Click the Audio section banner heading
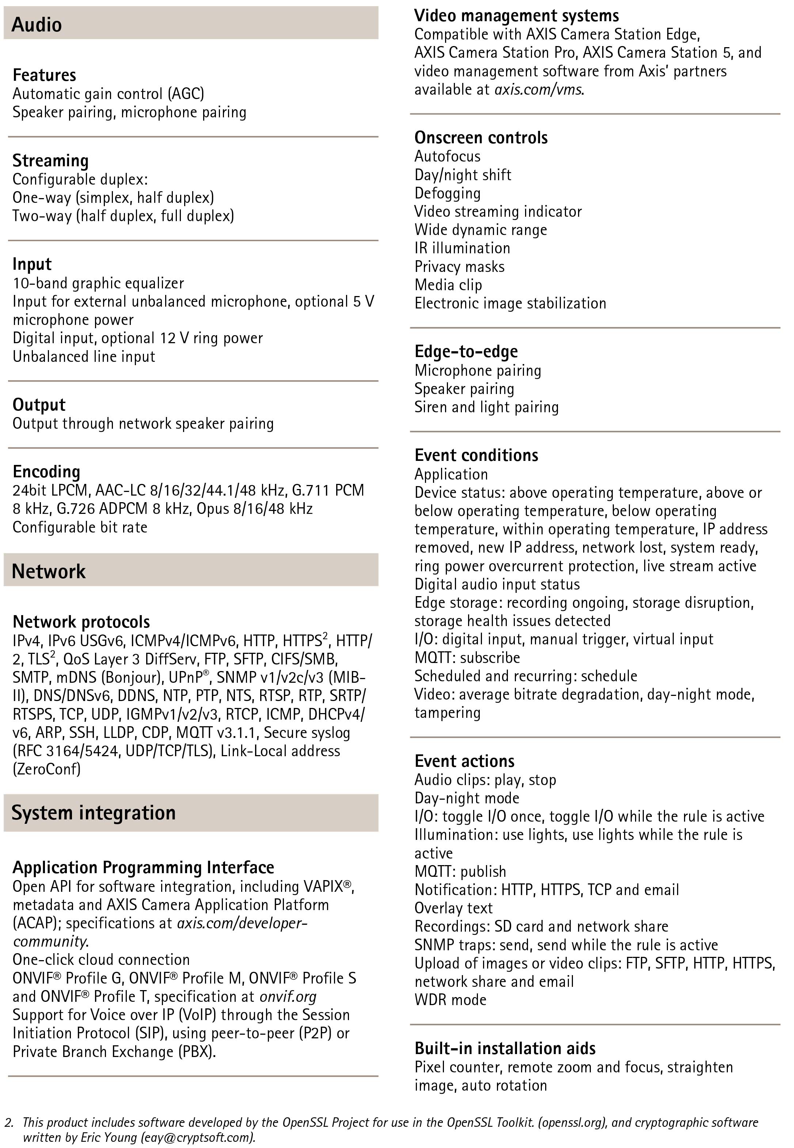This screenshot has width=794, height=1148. (37, 24)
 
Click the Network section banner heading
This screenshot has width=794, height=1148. (48, 571)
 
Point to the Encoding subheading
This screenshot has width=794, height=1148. (46, 471)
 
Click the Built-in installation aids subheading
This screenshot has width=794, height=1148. (505, 1049)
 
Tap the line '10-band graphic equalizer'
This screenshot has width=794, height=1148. (98, 283)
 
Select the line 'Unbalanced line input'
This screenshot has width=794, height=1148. (84, 356)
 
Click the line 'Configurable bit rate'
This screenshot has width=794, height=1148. (80, 527)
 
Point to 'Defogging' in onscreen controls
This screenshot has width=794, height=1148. (447, 193)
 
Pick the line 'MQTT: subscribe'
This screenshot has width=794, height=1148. (467, 658)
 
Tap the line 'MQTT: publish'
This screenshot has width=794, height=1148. (460, 871)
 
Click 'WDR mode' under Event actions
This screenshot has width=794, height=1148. (450, 1000)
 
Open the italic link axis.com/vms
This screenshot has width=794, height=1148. (538, 90)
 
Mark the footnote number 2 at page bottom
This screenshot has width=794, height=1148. (8, 1123)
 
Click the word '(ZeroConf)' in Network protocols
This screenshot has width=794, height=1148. (46, 769)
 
